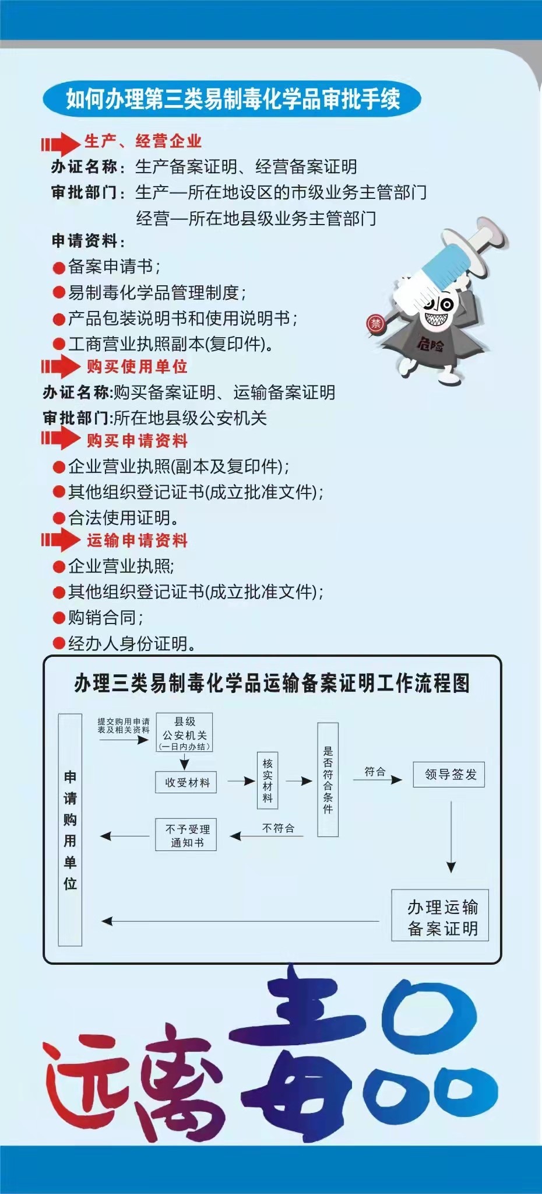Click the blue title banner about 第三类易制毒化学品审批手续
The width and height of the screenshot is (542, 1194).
tap(231, 99)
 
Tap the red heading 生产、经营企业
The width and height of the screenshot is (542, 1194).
tap(143, 141)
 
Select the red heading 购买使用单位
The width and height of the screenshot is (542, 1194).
tap(137, 366)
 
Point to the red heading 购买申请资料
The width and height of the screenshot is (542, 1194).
tap(137, 440)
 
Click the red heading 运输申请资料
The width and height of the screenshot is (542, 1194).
tap(137, 540)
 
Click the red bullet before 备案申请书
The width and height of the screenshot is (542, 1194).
tap(59, 268)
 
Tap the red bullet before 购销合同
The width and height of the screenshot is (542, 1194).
tap(59, 618)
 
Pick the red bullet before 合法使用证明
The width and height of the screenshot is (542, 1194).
tap(59, 518)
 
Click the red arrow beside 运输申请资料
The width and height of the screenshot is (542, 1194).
tap(61, 540)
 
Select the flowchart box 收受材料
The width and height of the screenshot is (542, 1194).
tap(186, 782)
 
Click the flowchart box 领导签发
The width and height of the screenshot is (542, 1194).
tap(449, 775)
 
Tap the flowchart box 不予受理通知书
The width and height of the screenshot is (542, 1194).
tap(186, 835)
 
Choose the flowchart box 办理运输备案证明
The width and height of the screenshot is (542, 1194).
tap(440, 915)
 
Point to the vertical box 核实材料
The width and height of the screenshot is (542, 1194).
tap(268, 780)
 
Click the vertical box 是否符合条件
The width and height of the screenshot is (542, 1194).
tap(328, 780)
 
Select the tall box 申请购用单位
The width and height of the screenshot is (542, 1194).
tap(70, 829)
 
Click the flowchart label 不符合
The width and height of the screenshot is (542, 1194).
tap(278, 828)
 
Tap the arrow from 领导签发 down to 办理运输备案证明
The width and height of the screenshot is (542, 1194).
tap(451, 836)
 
